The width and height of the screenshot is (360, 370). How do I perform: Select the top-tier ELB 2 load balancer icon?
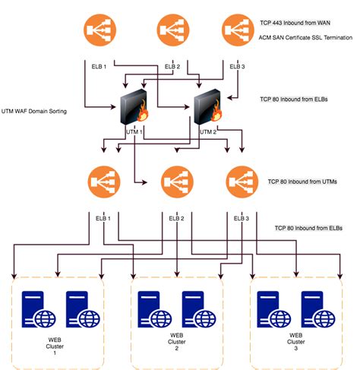tap(172, 31)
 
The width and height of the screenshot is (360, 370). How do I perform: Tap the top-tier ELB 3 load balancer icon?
tap(239, 31)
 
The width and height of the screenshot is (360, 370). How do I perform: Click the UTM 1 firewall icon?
tap(132, 110)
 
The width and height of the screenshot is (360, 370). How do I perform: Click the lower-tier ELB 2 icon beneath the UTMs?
tap(176, 184)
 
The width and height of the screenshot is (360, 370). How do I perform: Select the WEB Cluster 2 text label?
tap(177, 342)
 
